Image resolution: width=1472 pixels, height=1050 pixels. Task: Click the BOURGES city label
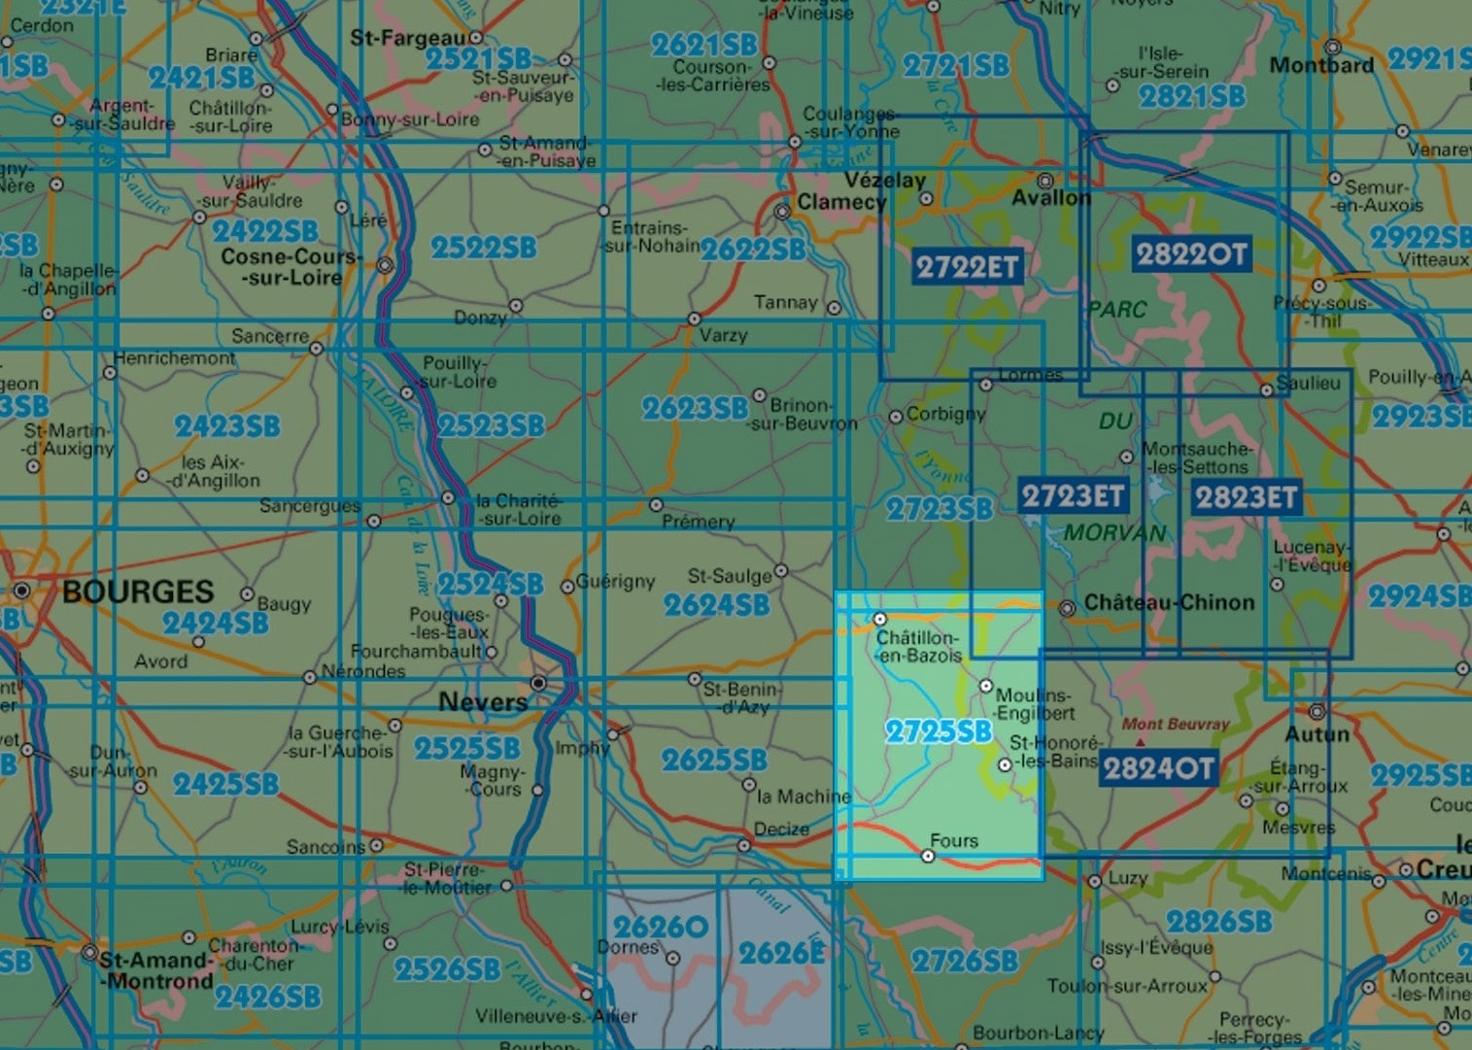tap(137, 592)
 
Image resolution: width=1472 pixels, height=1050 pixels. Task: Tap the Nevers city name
tap(483, 701)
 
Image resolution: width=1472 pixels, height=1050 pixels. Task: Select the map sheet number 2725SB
tap(938, 731)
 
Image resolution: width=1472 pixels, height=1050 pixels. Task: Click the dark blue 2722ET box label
tap(966, 266)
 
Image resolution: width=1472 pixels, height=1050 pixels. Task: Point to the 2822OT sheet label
tap(1190, 254)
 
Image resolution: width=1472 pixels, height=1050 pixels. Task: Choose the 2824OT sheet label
tap(1158, 768)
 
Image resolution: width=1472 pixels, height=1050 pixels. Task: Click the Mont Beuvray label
tap(1175, 724)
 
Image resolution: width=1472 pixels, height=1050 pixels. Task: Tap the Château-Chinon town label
tap(1169, 602)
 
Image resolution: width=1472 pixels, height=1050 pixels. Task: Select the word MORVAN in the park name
tap(1114, 532)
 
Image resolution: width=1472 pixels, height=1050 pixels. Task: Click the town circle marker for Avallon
tap(1045, 181)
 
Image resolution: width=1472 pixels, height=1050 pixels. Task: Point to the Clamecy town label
tap(841, 202)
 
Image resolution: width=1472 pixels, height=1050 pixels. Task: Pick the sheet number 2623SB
tap(695, 409)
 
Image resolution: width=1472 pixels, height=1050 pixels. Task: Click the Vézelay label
tap(884, 180)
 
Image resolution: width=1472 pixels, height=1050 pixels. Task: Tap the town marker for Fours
tap(928, 856)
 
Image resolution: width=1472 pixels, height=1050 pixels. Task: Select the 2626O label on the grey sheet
tap(661, 927)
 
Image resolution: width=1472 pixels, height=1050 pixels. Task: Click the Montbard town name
tap(1321, 65)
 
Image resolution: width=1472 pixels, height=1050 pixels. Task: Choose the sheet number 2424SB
tap(215, 623)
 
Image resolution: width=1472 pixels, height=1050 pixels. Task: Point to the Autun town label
tap(1318, 733)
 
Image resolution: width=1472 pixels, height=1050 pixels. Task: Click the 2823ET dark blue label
tap(1246, 497)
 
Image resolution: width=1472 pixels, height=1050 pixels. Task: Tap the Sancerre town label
tap(270, 336)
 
